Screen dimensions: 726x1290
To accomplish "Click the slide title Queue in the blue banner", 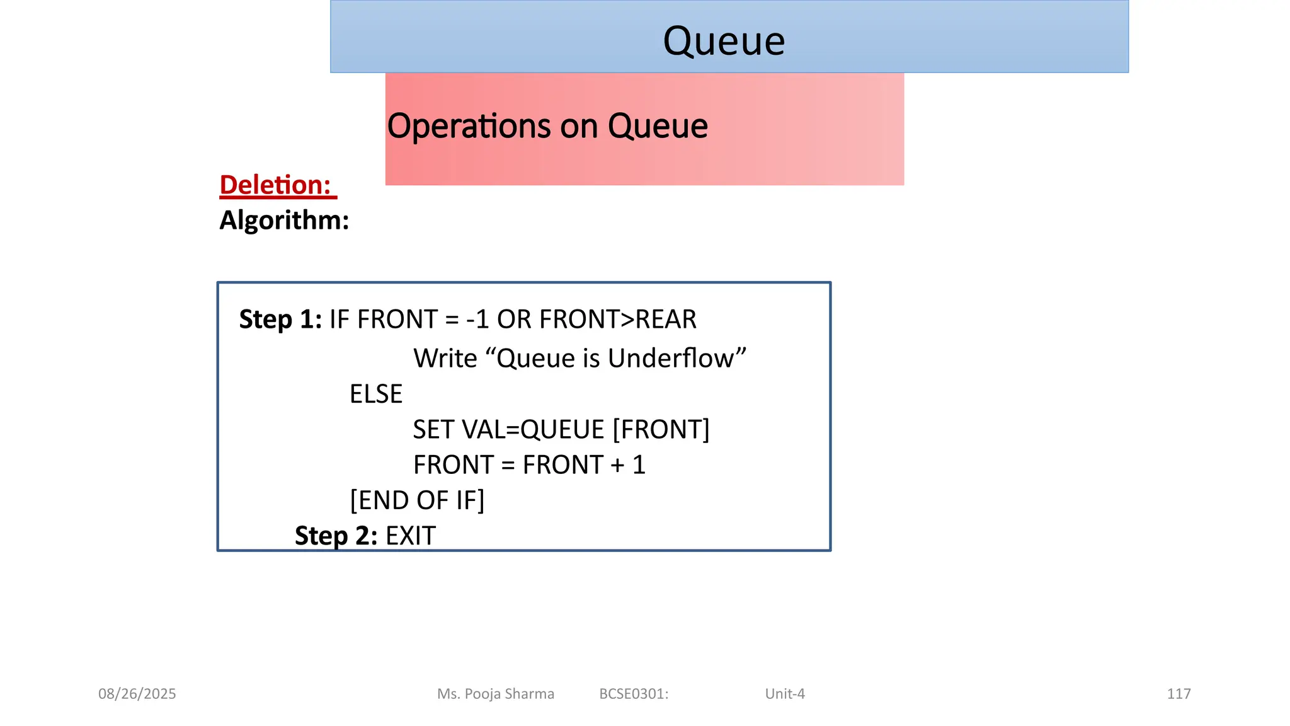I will click(724, 42).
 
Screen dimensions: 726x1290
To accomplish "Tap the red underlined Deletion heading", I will click(276, 185).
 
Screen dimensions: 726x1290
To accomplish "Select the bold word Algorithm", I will click(283, 221).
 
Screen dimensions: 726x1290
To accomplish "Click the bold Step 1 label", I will click(280, 320).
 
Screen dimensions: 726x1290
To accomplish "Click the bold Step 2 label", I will click(336, 536).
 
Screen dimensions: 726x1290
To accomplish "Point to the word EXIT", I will click(410, 536).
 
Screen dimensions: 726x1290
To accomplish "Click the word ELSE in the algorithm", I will click(376, 395).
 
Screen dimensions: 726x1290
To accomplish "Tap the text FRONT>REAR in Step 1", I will click(618, 320).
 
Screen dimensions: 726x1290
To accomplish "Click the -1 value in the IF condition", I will click(477, 320).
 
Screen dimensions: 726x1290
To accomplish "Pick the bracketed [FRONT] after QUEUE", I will click(661, 430).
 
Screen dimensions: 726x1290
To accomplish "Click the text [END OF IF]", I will click(417, 500).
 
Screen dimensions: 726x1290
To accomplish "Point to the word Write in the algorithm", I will click(445, 359).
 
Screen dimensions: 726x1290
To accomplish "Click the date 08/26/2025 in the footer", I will click(137, 694).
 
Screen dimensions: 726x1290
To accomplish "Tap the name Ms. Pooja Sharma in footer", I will click(496, 694).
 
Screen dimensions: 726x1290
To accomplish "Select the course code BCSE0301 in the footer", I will click(633, 694).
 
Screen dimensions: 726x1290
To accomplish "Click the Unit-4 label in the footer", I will click(785, 694).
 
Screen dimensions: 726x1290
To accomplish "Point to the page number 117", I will click(1179, 694).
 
